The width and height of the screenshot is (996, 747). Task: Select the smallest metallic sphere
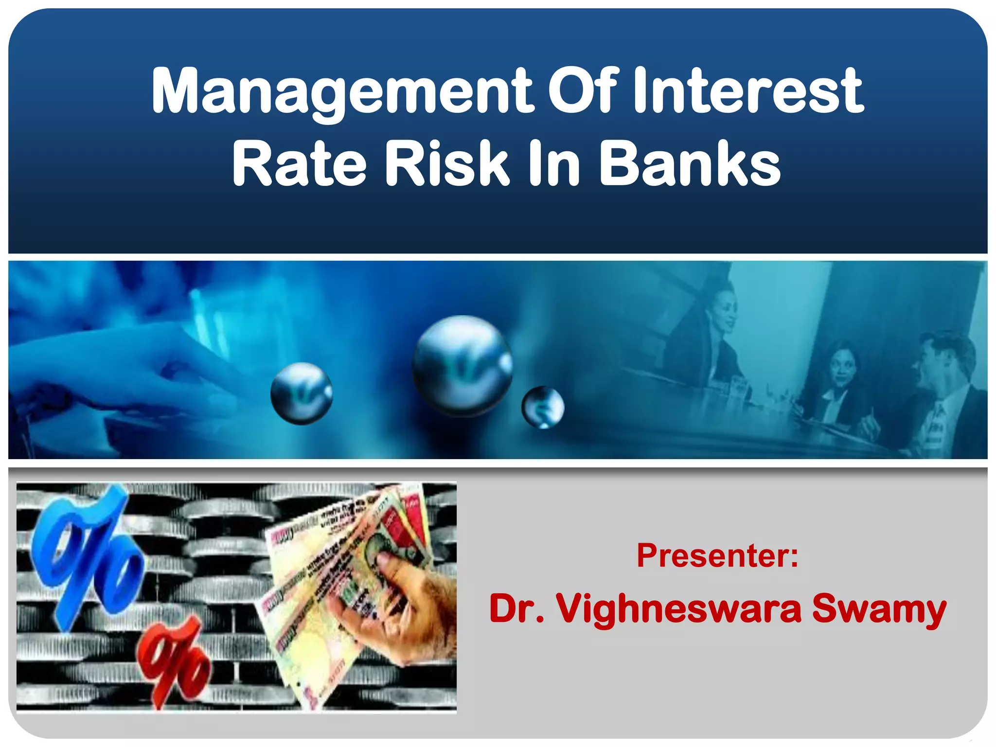pos(543,407)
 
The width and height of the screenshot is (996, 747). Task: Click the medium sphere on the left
pos(302,393)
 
